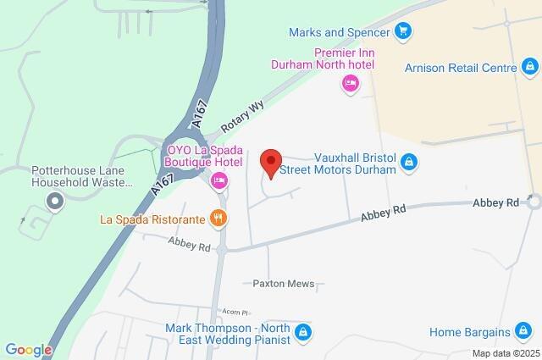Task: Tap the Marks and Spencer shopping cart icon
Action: pyautogui.click(x=404, y=32)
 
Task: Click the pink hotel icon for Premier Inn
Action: pyautogui.click(x=350, y=82)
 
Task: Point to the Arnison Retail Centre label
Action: pyautogui.click(x=459, y=67)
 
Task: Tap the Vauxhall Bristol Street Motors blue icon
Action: pyautogui.click(x=409, y=161)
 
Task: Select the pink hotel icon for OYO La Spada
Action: pyautogui.click(x=219, y=179)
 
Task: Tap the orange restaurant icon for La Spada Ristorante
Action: pyautogui.click(x=218, y=218)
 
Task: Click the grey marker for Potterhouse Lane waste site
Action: pyautogui.click(x=55, y=201)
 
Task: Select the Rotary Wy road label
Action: pyautogui.click(x=243, y=116)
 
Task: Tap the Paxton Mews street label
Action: pyautogui.click(x=284, y=284)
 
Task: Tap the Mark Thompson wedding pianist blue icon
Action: pyautogui.click(x=304, y=332)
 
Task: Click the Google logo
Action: pyautogui.click(x=28, y=350)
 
